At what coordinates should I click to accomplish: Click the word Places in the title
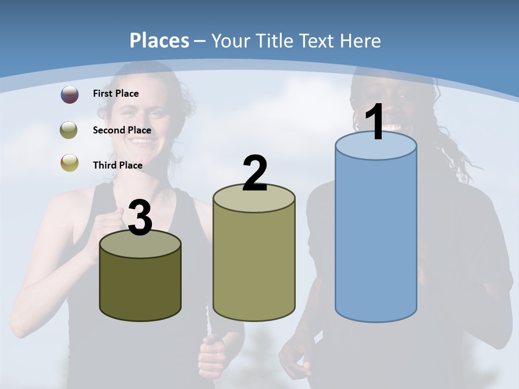point(159,41)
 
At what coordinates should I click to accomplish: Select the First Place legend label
point(116,93)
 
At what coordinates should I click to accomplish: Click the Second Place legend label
point(122,130)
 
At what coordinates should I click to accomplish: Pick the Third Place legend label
point(117,165)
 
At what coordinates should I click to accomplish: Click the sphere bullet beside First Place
point(70,95)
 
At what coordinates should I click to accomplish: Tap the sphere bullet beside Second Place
point(70,130)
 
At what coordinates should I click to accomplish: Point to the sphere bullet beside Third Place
point(70,163)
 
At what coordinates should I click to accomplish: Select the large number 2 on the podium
point(255,173)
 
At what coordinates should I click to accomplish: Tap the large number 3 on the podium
point(140,218)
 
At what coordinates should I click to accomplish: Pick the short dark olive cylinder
point(140,286)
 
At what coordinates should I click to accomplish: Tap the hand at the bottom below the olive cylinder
point(213,357)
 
